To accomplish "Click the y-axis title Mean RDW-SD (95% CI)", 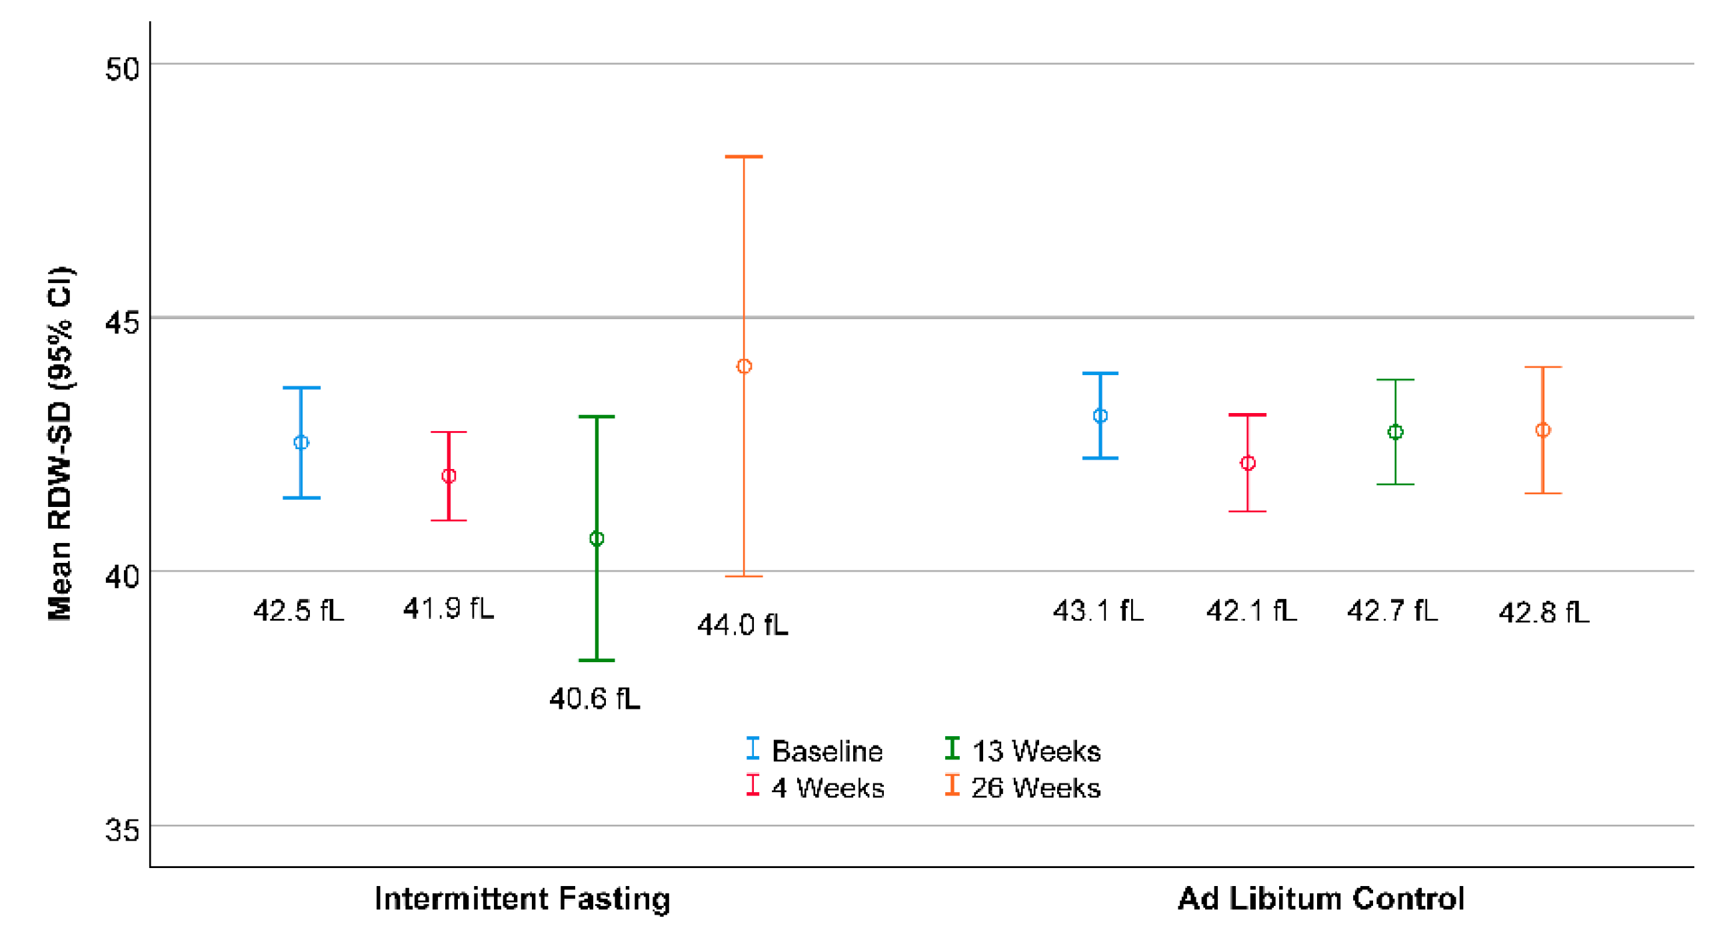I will pos(60,443).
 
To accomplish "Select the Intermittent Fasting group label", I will pos(521,899).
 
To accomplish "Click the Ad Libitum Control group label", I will pos(1320,899).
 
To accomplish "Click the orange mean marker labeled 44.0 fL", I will pos(744,366).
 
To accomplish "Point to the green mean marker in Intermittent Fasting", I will pos(596,539).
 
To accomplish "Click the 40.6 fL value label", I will pos(594,699).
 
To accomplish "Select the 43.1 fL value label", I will pos(1097,611).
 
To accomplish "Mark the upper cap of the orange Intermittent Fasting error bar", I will pos(744,157).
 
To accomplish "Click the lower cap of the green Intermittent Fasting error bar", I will pos(596,660).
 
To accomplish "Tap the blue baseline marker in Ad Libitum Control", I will pos(1100,416).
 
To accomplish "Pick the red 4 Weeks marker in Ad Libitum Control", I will pos(1247,463).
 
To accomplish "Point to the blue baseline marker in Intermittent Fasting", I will pos(301,442).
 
